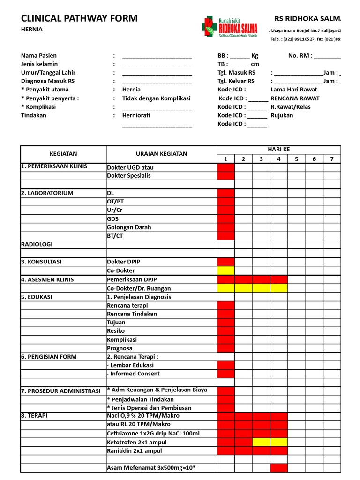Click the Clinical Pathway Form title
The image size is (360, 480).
coord(79,18)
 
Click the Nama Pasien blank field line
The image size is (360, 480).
coord(157,56)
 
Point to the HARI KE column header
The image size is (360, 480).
coord(278,149)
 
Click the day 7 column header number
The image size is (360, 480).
coord(331,159)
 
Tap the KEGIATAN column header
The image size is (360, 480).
coord(63,154)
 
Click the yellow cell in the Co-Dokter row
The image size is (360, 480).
coord(225,271)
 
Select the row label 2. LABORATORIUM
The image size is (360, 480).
coord(47,193)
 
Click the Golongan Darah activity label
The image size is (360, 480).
coord(129,227)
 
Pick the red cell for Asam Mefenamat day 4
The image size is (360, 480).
coord(279,468)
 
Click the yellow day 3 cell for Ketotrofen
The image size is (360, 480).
coord(261,442)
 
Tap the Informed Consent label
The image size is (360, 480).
coord(134,374)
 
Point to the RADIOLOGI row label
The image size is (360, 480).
coord(37,244)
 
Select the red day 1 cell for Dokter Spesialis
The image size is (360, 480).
coord(225,176)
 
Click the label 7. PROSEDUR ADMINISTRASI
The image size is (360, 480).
coord(60,391)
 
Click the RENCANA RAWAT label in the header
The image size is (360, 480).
coord(295,98)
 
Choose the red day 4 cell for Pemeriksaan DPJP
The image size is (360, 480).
coord(279,279)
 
